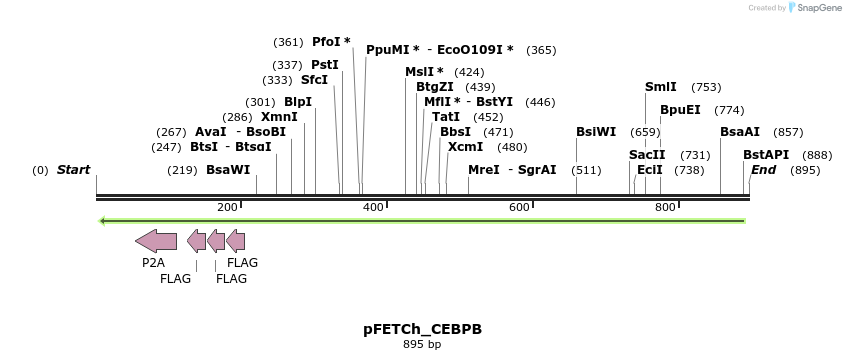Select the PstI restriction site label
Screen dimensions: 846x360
(325, 65)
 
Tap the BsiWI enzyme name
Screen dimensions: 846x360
(596, 132)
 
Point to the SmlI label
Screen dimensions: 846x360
(661, 87)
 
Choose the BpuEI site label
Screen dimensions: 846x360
(680, 110)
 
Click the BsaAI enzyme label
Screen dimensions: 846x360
(740, 132)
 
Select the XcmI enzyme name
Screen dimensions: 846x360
(465, 147)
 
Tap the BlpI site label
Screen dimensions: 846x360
(298, 102)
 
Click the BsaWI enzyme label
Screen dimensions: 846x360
(228, 170)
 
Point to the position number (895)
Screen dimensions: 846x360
(805, 170)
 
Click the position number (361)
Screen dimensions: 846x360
(288, 42)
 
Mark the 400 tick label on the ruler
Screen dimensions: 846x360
(373, 207)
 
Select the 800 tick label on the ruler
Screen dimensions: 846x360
(665, 207)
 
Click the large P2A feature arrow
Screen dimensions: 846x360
(156, 240)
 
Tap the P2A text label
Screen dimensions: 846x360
(153, 263)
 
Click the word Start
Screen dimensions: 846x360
(73, 170)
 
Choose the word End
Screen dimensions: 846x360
(763, 170)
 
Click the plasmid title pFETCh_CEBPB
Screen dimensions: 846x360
(422, 329)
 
